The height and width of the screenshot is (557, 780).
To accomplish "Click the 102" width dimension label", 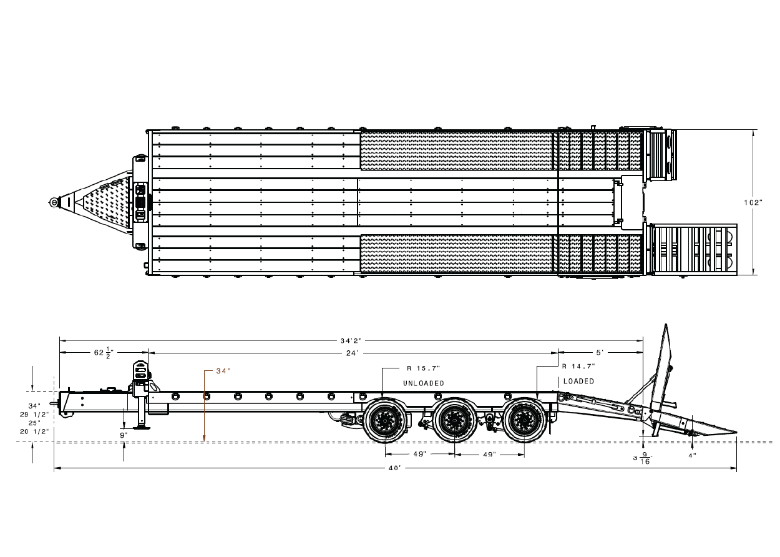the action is [x=753, y=202].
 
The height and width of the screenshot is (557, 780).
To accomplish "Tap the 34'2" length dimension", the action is [x=351, y=340].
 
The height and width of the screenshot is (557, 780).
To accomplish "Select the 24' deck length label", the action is [x=352, y=353].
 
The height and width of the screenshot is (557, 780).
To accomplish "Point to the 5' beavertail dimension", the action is [x=600, y=353].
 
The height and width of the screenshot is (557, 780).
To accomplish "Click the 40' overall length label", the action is [x=395, y=468].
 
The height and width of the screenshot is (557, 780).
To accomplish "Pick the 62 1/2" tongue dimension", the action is [x=104, y=352].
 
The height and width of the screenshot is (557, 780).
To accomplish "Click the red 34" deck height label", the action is [x=223, y=371].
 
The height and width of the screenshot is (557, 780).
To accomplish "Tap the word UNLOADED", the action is [x=424, y=383].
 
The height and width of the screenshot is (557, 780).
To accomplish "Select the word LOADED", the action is [x=578, y=382].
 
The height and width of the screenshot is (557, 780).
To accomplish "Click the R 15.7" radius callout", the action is [x=424, y=368].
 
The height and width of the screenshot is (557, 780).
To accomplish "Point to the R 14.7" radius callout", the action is [x=578, y=366].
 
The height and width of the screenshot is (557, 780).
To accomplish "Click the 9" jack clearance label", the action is [x=124, y=435].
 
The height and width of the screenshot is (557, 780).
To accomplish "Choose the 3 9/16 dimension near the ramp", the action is [x=641, y=458].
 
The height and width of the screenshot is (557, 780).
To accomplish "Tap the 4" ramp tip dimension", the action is [x=692, y=456].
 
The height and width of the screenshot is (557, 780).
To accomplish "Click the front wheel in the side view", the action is [x=385, y=421].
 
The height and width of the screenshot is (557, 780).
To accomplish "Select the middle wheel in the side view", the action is [x=454, y=421].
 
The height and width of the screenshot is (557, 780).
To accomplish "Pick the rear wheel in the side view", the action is [x=524, y=421].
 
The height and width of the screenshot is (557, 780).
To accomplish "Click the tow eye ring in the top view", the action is [x=54, y=202].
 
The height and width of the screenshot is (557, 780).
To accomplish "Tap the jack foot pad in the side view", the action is [x=142, y=427].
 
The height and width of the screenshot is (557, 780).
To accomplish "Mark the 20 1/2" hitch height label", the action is [x=34, y=431].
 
